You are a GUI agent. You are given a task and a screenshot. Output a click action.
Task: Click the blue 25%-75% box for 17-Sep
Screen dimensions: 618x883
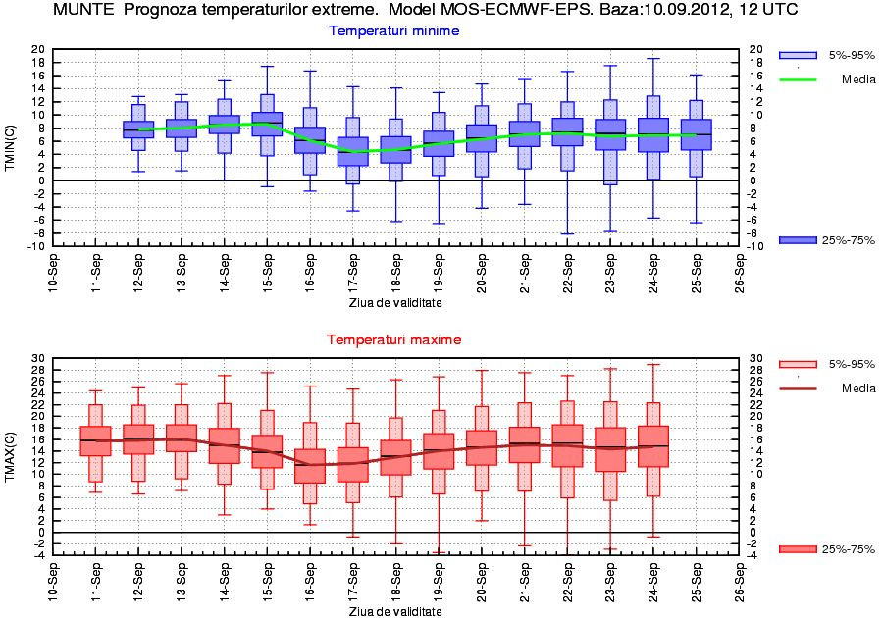click(x=353, y=151)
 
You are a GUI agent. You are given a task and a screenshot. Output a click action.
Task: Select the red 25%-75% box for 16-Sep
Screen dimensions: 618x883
click(x=310, y=466)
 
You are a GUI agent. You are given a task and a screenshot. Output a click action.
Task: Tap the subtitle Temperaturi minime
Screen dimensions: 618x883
click(x=393, y=31)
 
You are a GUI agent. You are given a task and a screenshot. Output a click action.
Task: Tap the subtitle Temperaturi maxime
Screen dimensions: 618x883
click(x=393, y=339)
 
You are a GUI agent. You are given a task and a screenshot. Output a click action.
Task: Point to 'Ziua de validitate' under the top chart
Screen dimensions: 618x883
click(x=394, y=303)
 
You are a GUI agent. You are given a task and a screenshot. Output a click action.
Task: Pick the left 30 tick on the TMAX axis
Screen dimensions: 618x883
click(x=39, y=358)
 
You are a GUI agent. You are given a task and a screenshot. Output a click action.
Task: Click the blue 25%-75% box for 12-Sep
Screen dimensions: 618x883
click(x=138, y=129)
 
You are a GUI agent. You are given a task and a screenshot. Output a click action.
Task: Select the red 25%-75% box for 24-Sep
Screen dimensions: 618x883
click(x=653, y=446)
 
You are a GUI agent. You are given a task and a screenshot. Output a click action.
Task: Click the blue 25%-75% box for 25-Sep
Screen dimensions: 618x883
click(x=696, y=134)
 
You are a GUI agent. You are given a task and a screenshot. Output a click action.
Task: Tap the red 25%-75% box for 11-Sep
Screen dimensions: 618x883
click(x=95, y=441)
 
